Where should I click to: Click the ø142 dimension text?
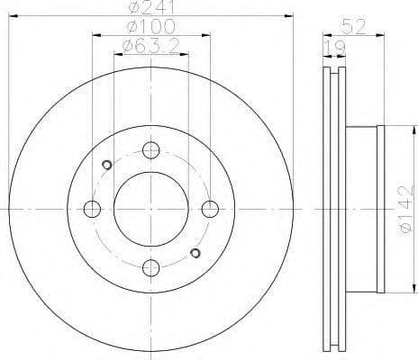[404, 209]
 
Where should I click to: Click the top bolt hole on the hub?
[150, 150]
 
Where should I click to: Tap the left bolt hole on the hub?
[92, 209]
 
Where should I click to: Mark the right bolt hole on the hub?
[209, 209]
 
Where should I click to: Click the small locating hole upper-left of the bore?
[107, 165]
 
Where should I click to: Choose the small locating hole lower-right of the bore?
[194, 253]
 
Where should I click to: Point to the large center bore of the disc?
[150, 209]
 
